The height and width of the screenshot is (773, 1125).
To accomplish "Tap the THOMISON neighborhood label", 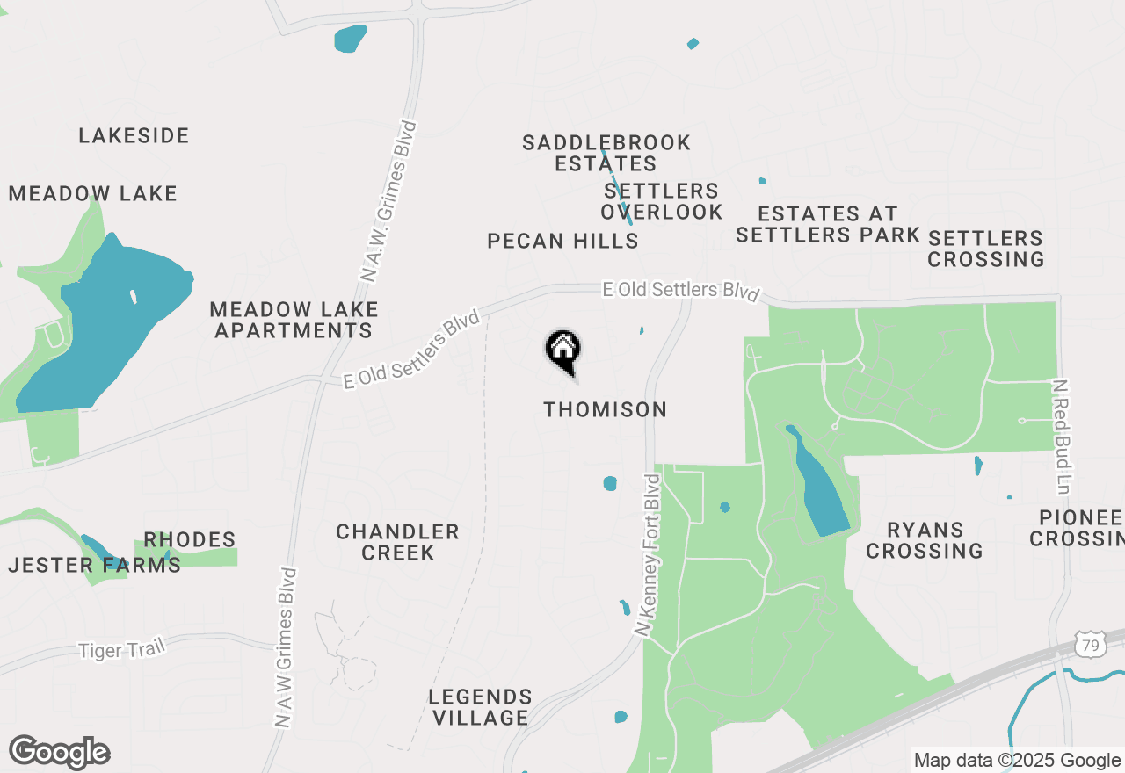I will coord(606,409).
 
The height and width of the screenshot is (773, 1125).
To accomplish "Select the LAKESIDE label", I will coord(134,135).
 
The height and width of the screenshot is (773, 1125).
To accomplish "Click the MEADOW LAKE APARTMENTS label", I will coord(294,320).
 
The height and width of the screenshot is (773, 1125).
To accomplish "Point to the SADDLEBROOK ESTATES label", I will coord(606,153).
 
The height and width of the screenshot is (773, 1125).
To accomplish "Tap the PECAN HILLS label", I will coord(562,241).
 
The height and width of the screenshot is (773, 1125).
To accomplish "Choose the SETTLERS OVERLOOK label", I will coord(662,201).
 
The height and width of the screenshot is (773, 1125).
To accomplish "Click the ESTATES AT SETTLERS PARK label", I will coord(827,224).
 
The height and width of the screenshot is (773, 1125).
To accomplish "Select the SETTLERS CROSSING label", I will coord(985,249).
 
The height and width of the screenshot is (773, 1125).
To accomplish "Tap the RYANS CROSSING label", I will coord(925,540).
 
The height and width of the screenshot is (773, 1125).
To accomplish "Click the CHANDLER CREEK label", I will coord(397,542).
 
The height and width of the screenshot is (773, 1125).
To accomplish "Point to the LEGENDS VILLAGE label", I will coord(480,707).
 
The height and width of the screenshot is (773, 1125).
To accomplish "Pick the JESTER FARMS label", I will coord(94,565).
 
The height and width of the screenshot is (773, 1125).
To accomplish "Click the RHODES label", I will coord(190,539).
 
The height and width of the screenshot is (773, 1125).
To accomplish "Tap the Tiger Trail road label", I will coord(121,650).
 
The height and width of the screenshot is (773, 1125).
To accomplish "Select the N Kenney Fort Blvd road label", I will coord(652,555).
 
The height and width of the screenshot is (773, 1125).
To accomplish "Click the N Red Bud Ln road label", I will coord(1062,437).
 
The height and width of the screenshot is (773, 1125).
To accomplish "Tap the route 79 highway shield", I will coord(1090,646).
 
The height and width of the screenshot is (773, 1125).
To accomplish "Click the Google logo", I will coord(59,752).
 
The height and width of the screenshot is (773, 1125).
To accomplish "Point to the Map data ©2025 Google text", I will coord(1017,760).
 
